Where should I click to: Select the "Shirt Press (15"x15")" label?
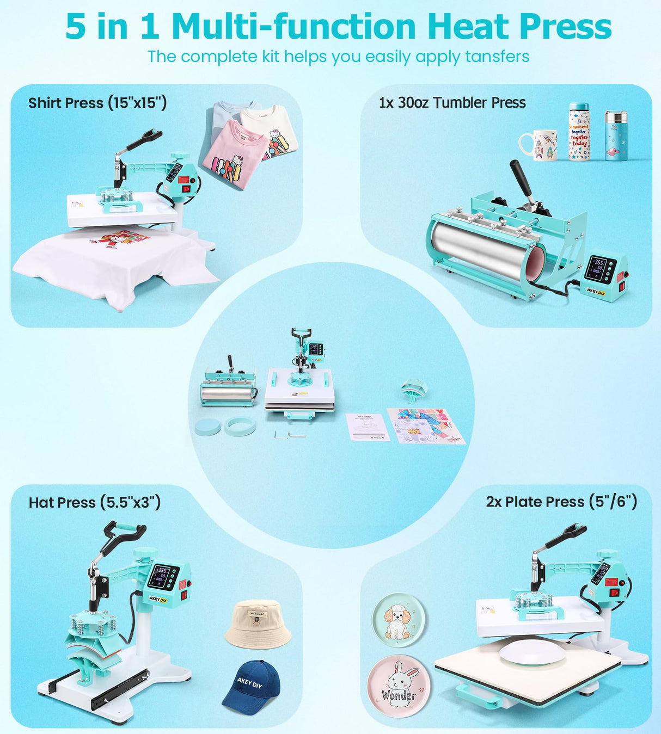(x=97, y=103)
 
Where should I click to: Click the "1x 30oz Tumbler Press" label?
(x=452, y=102)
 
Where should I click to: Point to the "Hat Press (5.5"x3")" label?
(x=95, y=502)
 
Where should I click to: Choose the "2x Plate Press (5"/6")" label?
(x=561, y=502)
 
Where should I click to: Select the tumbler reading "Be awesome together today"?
(x=579, y=132)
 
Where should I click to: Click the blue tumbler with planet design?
(x=616, y=136)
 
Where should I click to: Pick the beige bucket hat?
(x=258, y=625)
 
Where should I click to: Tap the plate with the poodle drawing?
(x=399, y=620)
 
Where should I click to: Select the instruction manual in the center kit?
(x=368, y=427)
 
